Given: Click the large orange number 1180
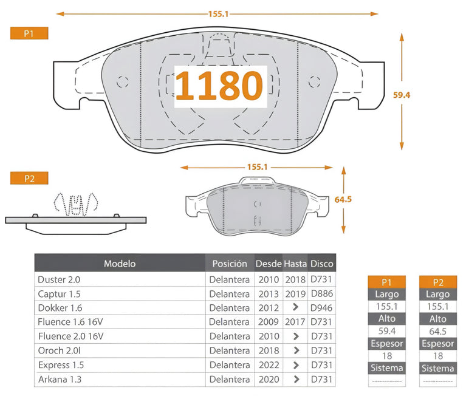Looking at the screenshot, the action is coord(219,86).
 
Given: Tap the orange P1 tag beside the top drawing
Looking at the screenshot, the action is coord(29,33).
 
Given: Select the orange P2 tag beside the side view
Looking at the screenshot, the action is coord(29,178).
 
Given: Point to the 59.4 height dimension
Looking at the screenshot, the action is coord(402,95).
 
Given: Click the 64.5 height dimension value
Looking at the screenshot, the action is coord(343,199).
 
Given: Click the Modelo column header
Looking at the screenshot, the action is coord(120,264).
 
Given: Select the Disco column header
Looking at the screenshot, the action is coord(322,264).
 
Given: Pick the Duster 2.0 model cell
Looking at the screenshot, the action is coord(59,279).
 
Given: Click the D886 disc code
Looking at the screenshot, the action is coord(322,294).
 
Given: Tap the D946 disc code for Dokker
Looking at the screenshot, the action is coord(321,308).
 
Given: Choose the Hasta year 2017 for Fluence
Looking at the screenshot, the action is coord(295,322).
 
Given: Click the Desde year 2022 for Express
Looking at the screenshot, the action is coord(269,365).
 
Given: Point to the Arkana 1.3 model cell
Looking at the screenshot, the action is coord(60,380).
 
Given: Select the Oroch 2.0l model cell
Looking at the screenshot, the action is coord(60,350).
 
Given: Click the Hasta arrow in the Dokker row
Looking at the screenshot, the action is coord(295,307).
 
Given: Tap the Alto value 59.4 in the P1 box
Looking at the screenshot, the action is coord(386,331).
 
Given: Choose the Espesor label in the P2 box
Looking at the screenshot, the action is coord(438,344).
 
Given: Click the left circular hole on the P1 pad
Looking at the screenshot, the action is coord(122,82).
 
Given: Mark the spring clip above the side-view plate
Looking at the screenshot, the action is coord(76,205).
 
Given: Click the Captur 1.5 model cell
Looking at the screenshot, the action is coord(59,294).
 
